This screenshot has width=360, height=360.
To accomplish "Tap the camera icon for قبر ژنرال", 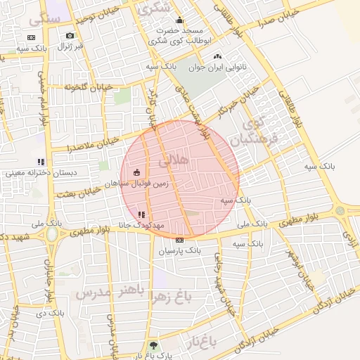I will click(x=70, y=35).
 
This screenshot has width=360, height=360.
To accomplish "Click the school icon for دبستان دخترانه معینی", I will click(x=41, y=162).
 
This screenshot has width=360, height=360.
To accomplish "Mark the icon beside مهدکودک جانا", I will click(x=142, y=214).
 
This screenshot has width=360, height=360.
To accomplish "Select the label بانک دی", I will click(x=51, y=311).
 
